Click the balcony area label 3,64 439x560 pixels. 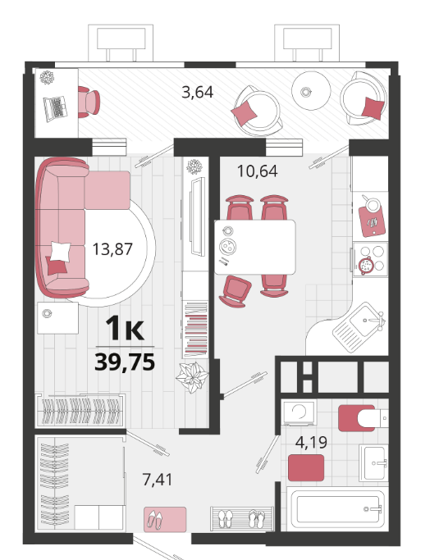tap(197, 92)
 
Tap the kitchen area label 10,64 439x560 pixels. tap(258, 171)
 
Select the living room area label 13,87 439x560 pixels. tap(112, 249)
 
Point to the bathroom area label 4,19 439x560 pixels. tap(311, 442)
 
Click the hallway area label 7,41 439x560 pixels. tap(158, 480)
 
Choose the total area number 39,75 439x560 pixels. tap(125, 362)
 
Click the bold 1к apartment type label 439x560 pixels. tap(125, 328)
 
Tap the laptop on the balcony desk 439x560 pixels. tap(56, 108)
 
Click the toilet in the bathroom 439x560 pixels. tap(363, 417)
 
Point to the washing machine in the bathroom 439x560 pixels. tap(300, 412)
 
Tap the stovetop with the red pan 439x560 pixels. tap(371, 259)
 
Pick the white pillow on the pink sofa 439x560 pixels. tap(61, 252)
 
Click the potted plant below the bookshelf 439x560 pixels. tap(192, 377)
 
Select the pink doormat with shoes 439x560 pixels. tap(165, 519)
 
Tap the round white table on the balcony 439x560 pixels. tap(311, 91)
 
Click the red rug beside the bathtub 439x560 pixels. tap(306, 467)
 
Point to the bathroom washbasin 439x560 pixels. tap(373, 463)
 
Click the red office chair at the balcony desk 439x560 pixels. tap(89, 102)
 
